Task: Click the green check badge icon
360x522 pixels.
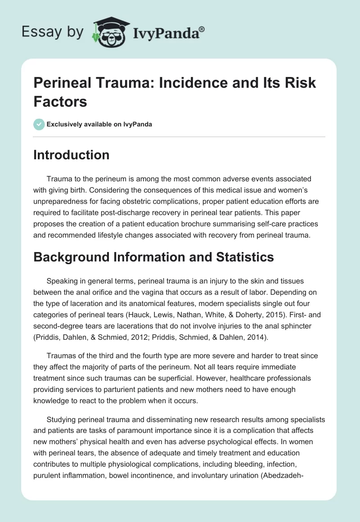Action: [39, 124]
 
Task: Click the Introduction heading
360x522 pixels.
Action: [72, 155]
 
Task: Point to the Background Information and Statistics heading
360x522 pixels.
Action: [153, 257]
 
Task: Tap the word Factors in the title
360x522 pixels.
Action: [60, 101]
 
